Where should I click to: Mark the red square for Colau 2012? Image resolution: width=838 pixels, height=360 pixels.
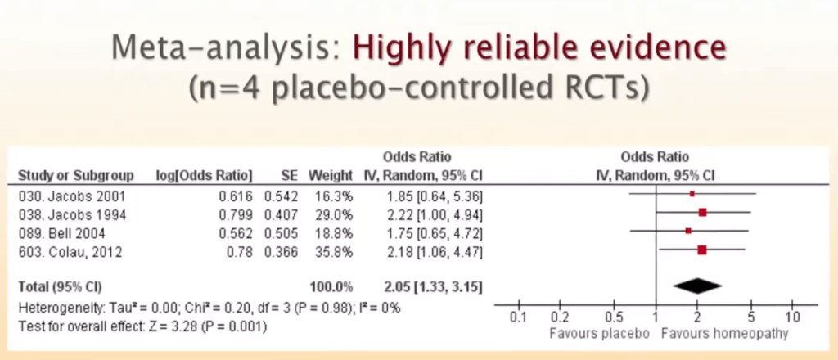[x=701, y=251]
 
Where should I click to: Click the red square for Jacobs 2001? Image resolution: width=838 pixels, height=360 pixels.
[x=692, y=194]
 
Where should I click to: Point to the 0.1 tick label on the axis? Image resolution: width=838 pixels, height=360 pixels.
[x=517, y=317]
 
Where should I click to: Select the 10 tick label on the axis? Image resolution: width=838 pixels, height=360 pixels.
[x=792, y=317]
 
